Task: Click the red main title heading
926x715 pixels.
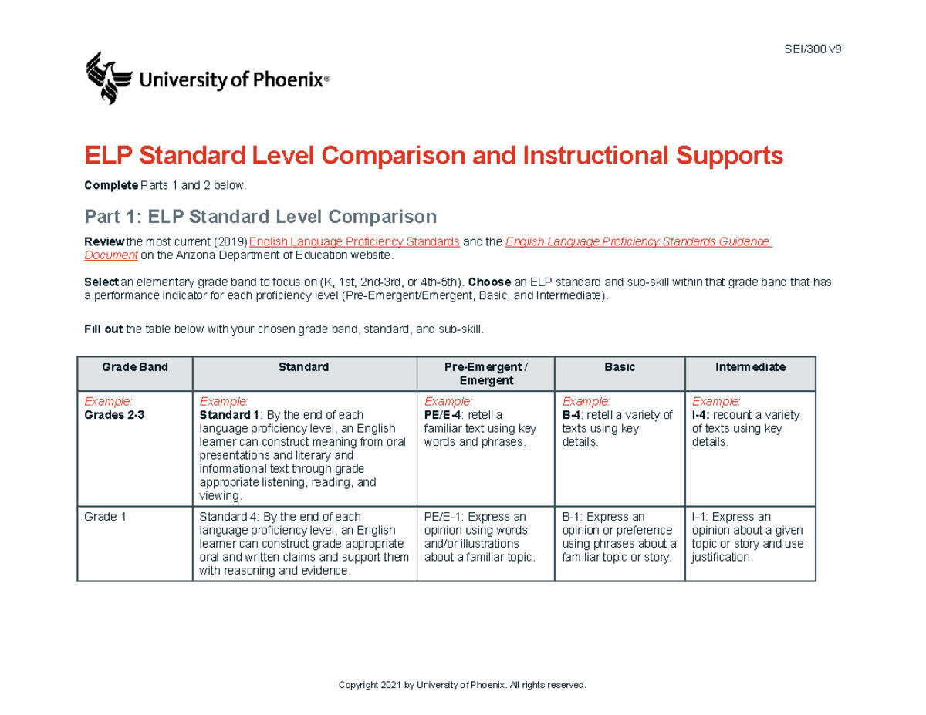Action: coord(434,157)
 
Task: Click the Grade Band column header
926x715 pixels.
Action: coord(135,367)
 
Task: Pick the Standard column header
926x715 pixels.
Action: coord(304,367)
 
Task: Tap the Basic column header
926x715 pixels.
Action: coord(620,367)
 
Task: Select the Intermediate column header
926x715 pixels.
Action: coord(749,367)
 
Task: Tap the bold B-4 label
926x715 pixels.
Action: coord(573,415)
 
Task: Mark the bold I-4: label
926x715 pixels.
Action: coord(702,415)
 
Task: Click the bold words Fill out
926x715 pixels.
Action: coord(103,329)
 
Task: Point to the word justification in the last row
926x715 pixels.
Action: coord(721,557)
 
